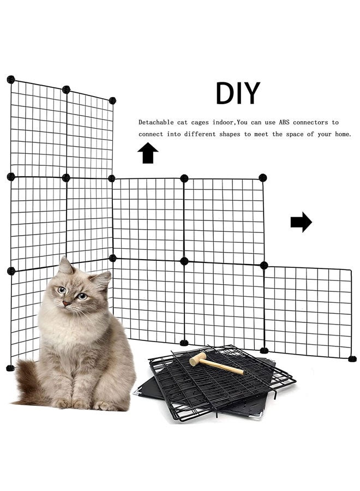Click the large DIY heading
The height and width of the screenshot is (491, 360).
tap(237, 93)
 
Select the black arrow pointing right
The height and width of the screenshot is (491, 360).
tap(301, 222)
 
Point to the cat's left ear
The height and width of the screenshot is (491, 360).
tap(101, 279)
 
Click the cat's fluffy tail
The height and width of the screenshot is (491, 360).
tap(28, 385)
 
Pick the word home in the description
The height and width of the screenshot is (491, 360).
tap(340, 134)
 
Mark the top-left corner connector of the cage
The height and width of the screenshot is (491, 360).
tap(10, 79)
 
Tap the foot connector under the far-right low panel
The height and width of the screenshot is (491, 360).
tap(352, 358)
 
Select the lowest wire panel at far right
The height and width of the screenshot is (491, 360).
tap(308, 311)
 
